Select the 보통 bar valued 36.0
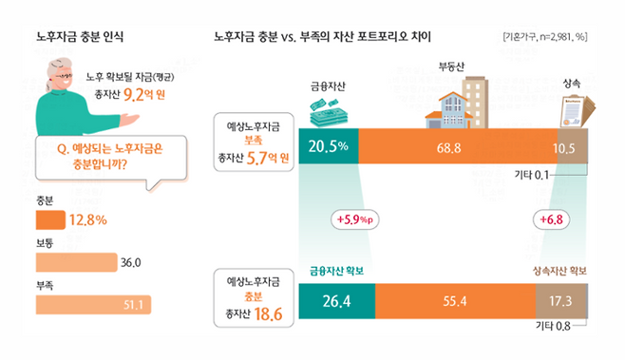pos(74,261)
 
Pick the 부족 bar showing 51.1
pos(91,304)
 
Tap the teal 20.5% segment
pos(329,146)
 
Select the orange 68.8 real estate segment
pos(449,146)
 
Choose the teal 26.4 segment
pos(336,301)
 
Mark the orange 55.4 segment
pos(454,301)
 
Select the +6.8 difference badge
pos(552,220)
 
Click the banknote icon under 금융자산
pos(327,112)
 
